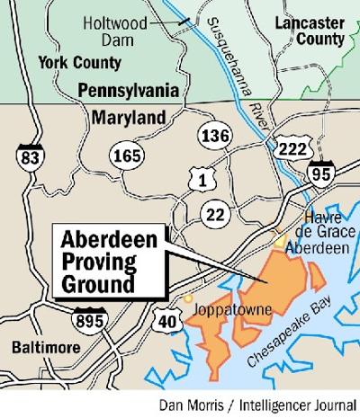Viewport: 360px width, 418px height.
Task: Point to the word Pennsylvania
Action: point(136,91)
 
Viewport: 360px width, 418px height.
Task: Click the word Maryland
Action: point(128,117)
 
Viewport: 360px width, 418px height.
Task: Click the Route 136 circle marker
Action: point(211,136)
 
